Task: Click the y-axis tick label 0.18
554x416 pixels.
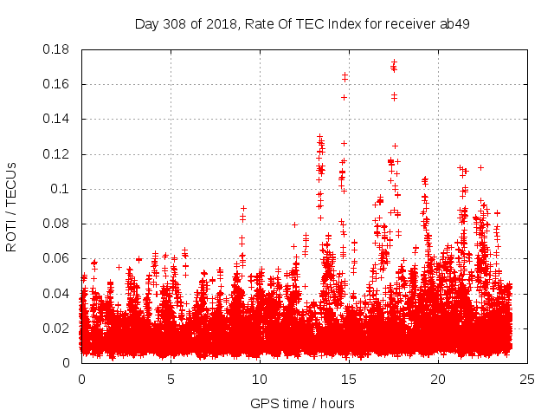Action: tap(58, 49)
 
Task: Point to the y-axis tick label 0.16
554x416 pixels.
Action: tap(58, 84)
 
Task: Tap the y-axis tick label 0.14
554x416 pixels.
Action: tap(58, 119)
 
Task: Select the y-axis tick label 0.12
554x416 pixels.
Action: tap(58, 154)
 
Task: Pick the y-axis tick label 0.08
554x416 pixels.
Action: tap(58, 224)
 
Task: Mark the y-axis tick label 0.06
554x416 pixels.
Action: tap(58, 258)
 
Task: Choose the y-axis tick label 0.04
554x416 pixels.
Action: tap(58, 293)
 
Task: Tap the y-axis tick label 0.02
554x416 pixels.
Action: tap(58, 328)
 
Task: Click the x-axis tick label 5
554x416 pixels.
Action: tap(171, 379)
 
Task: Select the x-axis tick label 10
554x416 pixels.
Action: tap(260, 379)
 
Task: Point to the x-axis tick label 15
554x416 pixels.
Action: tap(349, 379)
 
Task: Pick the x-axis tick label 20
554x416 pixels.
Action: tap(438, 379)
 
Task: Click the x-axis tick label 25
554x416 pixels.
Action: tap(527, 379)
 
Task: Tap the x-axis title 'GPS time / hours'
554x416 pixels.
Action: tap(302, 403)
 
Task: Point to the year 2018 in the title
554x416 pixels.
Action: tap(221, 23)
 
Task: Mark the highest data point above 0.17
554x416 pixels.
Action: tap(394, 62)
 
